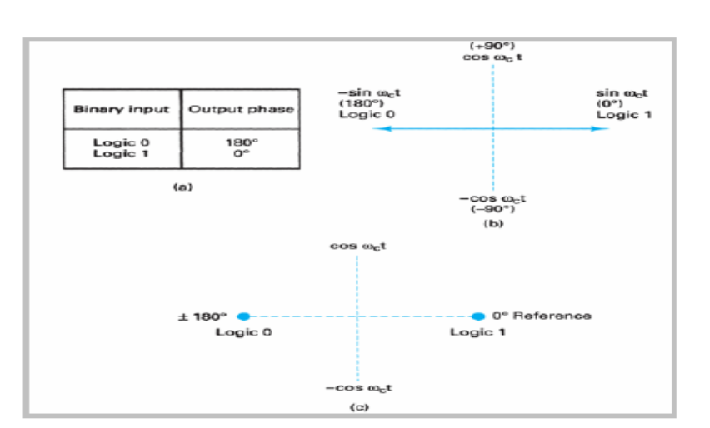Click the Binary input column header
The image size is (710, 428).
(x=122, y=109)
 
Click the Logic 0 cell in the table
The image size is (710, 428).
(x=122, y=142)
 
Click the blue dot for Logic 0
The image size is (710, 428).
(x=243, y=316)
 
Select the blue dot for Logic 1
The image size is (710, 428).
(x=478, y=316)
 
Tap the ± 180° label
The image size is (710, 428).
(x=202, y=316)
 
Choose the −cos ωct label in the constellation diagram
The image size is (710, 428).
(x=359, y=389)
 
